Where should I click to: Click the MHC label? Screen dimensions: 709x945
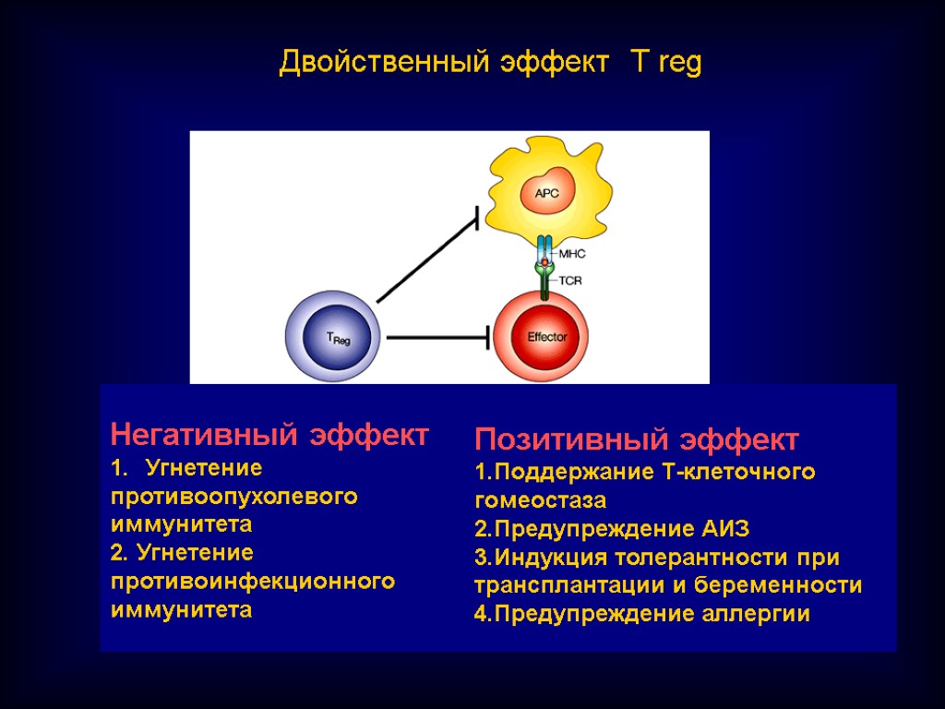(572, 253)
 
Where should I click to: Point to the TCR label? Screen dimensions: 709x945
(570, 281)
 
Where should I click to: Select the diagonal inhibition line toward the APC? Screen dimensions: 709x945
(426, 259)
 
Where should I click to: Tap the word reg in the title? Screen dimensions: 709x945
(679, 65)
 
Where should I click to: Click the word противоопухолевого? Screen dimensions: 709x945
(233, 497)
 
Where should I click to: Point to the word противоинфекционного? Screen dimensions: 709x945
(252, 582)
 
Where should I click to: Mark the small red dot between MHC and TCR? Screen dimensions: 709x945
(545, 264)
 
